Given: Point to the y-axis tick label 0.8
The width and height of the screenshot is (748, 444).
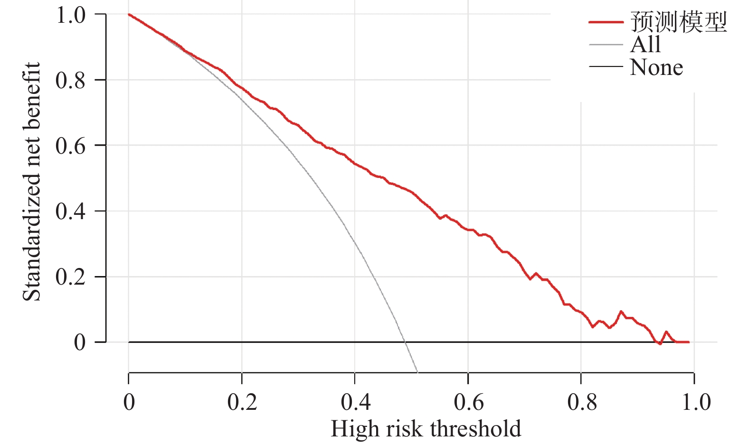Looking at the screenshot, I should point(71,80).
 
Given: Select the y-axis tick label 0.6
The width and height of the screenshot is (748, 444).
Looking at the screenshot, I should point(71,146).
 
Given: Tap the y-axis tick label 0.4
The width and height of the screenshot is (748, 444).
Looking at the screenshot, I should point(71,211).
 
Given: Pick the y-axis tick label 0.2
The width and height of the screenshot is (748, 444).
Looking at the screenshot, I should point(71,277).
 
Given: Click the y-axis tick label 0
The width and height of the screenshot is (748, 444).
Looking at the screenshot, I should point(80,342).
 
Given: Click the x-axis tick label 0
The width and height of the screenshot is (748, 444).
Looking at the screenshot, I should point(129,402).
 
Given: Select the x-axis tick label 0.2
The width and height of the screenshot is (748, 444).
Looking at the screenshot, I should point(242,402).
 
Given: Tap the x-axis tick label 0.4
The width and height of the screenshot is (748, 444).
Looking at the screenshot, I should point(355,402).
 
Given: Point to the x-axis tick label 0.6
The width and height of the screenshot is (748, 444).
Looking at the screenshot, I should point(468,402).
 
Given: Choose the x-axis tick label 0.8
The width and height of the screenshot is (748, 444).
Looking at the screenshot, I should point(581,402).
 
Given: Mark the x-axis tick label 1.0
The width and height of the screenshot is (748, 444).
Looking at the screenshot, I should point(696,402).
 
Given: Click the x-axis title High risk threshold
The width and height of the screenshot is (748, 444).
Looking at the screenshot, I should point(426,429).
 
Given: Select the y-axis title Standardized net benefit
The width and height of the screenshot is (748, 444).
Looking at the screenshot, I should point(32,181).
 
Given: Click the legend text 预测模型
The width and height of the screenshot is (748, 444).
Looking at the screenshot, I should point(678,22).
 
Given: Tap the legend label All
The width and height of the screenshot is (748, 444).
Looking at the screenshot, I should point(645,45).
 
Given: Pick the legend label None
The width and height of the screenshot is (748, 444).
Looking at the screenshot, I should point(656,67).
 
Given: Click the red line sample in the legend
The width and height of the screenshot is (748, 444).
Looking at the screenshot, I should point(606,22).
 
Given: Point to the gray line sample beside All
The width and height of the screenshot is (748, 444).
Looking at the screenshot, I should point(606,45).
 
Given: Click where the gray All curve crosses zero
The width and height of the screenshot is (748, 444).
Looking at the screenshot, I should point(405,342).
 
